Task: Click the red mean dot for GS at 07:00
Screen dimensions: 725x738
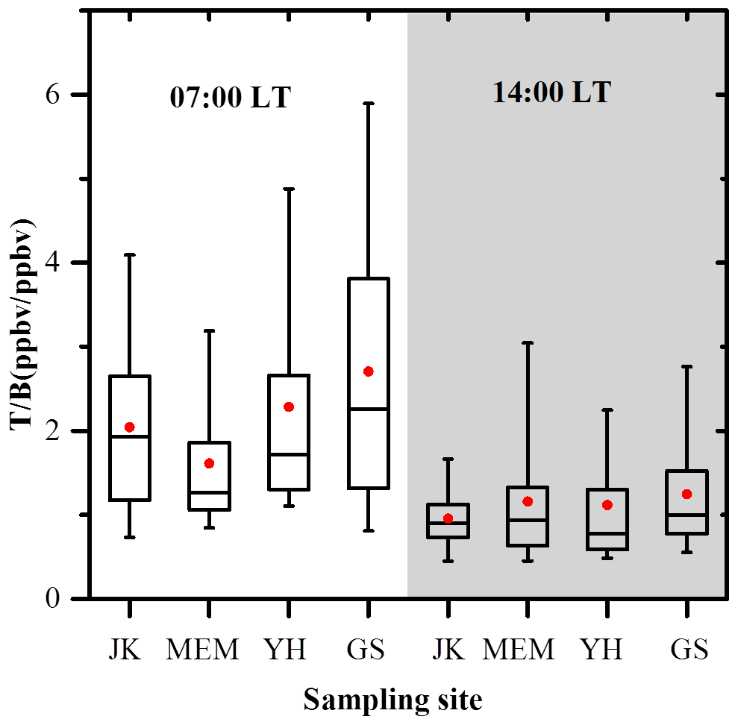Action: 368,371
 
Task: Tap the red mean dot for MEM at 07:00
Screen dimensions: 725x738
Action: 209,463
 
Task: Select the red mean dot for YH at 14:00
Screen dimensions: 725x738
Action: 607,505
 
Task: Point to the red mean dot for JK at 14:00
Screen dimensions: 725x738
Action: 448,518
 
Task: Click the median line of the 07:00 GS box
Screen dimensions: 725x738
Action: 368,409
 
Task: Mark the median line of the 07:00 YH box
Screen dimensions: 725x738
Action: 289,453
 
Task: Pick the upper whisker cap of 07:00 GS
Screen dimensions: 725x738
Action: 368,103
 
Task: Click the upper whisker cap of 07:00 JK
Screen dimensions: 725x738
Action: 130,255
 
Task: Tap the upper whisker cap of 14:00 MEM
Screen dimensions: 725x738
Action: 527,342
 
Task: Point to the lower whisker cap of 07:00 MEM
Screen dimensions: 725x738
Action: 209,527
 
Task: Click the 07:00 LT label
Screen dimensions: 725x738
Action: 230,98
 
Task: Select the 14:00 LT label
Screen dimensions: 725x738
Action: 551,92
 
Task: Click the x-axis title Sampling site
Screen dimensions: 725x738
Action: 393,700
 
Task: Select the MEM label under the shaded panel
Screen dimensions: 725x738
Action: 519,650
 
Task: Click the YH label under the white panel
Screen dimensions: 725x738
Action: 285,650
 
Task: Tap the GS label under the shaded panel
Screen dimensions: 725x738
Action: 689,650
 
